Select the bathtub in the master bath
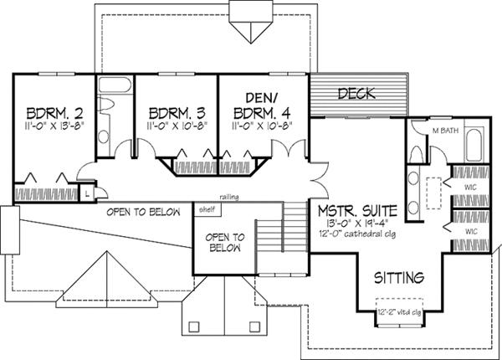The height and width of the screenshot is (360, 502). (474, 147)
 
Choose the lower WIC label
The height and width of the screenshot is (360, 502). (472, 229)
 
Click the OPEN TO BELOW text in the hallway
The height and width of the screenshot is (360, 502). (143, 213)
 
